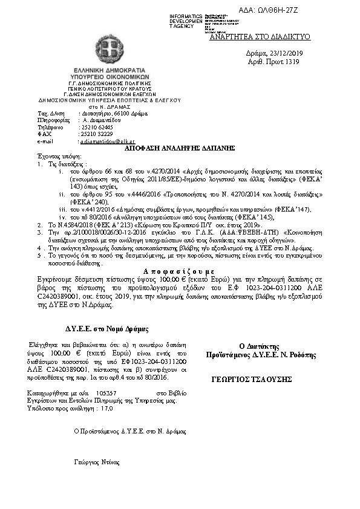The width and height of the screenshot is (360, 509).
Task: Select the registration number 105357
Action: tap(106, 392)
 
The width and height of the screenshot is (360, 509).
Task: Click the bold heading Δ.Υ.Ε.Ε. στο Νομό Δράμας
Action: tap(107, 329)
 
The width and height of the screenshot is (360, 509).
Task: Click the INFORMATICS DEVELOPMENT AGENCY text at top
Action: tap(186, 21)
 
